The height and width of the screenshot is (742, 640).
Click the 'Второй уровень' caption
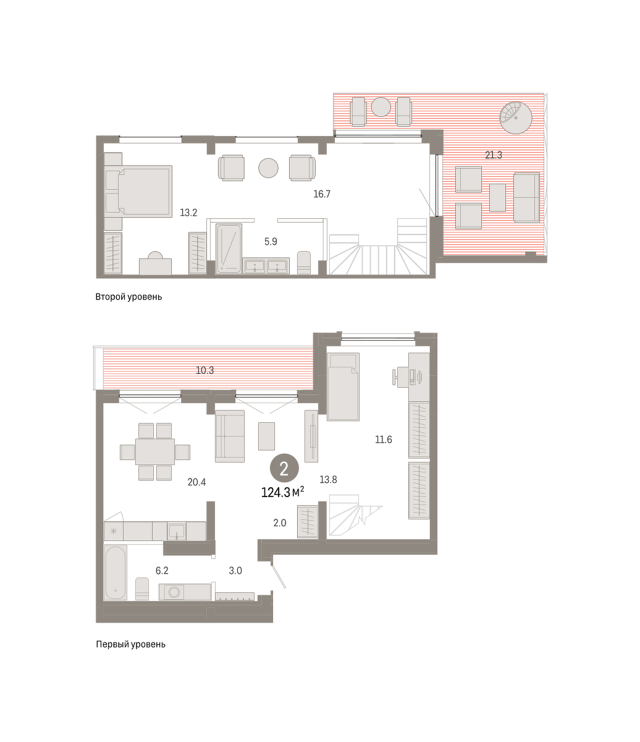128,297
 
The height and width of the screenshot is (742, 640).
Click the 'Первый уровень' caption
130,644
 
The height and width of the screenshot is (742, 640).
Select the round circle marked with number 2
284,469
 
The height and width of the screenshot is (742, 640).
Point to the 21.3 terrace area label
493,155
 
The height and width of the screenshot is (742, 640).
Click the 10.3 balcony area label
205,370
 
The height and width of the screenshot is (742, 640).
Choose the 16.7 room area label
322,194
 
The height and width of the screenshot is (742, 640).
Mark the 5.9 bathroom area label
271,242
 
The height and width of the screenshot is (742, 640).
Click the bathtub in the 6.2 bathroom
116,573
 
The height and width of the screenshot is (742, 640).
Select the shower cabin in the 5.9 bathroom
229,247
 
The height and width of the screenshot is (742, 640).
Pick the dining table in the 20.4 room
155,451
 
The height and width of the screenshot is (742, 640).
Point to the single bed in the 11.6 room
343,386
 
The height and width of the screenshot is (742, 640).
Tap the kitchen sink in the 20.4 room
177,530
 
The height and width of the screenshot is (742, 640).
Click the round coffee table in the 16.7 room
268,168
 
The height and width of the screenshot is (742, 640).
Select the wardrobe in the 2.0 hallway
308,521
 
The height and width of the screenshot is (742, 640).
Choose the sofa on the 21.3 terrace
526,197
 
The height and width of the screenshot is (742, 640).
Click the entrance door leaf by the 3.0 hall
279,576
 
